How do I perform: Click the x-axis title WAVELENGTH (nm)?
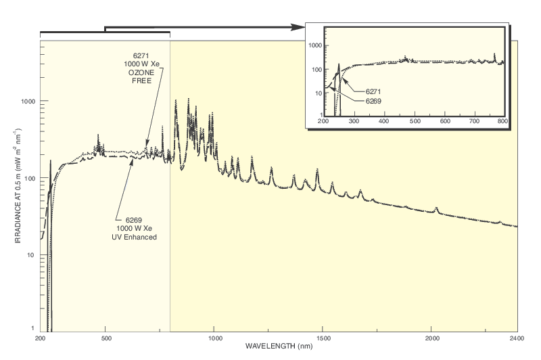pos(279,346)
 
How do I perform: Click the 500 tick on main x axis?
pos(105,338)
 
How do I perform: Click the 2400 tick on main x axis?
pos(518,338)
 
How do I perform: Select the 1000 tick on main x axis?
pos(214,338)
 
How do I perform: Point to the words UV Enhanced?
pos(134,237)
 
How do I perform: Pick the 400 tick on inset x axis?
pos(384,122)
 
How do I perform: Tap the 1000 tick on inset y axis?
pos(315,45)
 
